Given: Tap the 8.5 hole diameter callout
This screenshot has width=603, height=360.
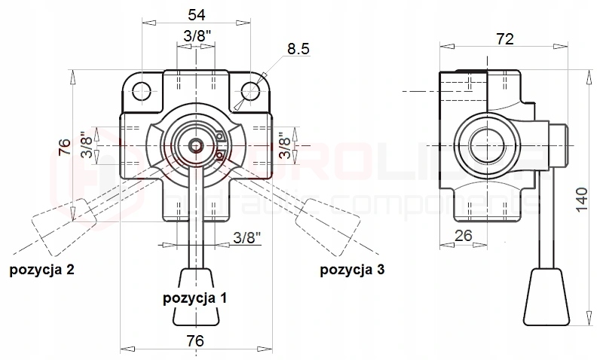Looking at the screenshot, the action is click(298, 50).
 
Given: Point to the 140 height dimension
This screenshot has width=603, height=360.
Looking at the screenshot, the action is click(582, 200).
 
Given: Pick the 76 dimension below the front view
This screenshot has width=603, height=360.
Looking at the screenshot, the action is click(195, 340).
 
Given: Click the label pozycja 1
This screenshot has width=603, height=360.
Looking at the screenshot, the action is click(195, 297).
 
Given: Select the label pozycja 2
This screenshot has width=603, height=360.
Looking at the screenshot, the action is click(41, 269).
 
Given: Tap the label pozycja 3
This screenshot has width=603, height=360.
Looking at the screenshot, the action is click(352, 269).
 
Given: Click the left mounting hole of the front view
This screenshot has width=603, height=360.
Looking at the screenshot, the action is click(141, 91).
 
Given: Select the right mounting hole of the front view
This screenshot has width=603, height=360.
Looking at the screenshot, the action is click(251, 91).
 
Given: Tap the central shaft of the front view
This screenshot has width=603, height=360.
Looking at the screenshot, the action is click(196, 143).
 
